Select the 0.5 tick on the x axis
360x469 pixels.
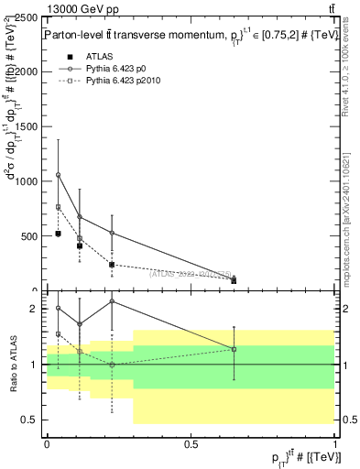(191, 444)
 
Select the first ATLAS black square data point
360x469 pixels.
(58, 234)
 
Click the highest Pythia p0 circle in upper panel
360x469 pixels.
(58, 175)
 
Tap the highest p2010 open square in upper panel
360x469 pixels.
(58, 207)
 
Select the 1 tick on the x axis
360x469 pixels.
(334, 444)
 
